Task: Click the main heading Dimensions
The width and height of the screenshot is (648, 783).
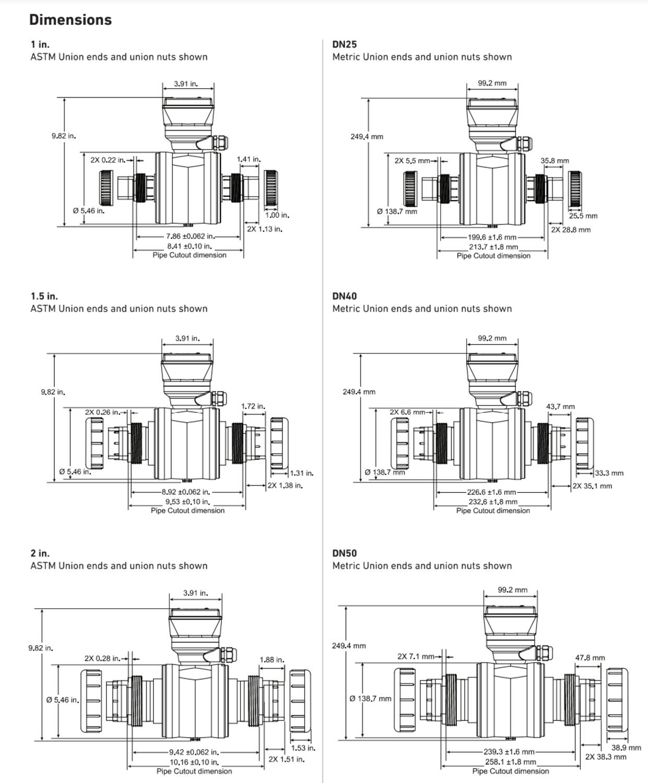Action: pos(70,20)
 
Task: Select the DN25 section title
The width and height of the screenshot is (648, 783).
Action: pos(345,44)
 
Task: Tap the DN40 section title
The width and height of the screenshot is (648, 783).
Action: pos(345,296)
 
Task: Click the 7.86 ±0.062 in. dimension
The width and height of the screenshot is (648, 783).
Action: pos(190,236)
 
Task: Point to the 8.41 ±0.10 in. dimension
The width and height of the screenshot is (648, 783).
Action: pos(189,246)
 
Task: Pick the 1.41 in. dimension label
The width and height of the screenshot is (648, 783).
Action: pos(249,159)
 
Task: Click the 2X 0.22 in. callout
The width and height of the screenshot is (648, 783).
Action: pos(108,160)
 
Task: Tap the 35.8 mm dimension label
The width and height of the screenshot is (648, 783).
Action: pos(555,161)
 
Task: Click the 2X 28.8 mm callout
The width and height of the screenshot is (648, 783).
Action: pos(571,230)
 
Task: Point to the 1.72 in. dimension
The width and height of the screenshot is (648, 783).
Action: pos(253,406)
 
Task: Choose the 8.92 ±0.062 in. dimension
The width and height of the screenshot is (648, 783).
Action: pos(186,492)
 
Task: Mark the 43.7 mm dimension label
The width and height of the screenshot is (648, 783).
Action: pos(560,407)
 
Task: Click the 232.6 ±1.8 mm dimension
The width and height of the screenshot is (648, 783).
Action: pos(493,502)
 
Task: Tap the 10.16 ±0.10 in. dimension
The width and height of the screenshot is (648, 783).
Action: pos(194,762)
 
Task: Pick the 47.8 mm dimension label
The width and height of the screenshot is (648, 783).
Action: pos(590,658)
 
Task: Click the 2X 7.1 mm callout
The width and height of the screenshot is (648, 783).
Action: pos(416,656)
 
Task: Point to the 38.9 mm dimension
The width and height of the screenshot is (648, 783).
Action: pos(626,748)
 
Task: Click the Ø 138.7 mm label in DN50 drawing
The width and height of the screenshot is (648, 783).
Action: pos(370,698)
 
